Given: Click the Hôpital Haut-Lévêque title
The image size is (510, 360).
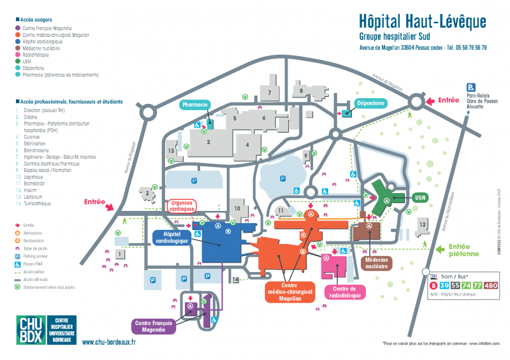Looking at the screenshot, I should (x=422, y=22).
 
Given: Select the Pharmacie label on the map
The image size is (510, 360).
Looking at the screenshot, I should (x=195, y=104).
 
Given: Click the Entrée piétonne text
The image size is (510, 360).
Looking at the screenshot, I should (x=463, y=250).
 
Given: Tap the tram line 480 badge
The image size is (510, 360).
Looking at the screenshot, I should (x=490, y=285).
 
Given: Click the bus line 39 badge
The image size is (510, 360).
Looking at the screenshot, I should (x=444, y=285).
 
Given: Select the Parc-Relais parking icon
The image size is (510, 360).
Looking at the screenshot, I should (x=470, y=88).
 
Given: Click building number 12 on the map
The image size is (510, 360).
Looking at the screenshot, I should (x=422, y=224).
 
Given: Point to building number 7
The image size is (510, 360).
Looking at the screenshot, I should (x=270, y=92).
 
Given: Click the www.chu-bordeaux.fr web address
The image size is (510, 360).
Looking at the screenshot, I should (x=109, y=342).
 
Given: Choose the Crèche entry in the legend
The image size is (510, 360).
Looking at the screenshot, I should (x=30, y=116).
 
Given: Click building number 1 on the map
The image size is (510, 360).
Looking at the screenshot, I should (x=119, y=254).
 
